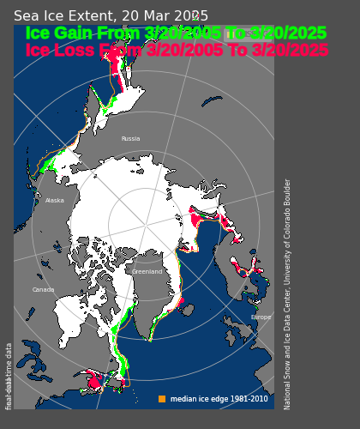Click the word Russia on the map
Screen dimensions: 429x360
click(x=130, y=138)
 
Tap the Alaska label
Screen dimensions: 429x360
click(x=54, y=201)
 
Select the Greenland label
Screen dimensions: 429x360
click(x=147, y=272)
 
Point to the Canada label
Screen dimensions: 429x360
click(x=43, y=290)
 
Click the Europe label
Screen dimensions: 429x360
click(x=261, y=317)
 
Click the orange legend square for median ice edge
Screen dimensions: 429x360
click(x=162, y=399)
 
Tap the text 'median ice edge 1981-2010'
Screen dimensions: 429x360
click(x=219, y=399)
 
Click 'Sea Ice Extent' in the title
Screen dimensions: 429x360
click(x=64, y=16)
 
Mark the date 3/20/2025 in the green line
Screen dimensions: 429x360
click(x=288, y=33)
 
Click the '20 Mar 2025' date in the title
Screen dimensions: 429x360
click(x=165, y=16)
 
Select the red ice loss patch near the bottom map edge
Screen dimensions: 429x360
click(x=94, y=378)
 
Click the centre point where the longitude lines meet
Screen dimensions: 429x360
click(x=147, y=226)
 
